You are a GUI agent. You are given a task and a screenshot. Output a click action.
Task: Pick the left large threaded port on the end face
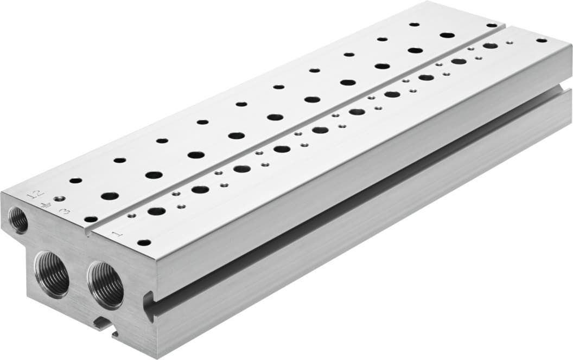(x=52, y=273)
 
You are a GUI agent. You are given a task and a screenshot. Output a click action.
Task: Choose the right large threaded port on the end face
(x=105, y=284)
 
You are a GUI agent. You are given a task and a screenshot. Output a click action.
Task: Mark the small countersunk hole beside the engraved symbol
(x=60, y=199)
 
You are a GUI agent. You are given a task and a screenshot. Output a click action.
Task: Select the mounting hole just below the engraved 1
(x=144, y=242)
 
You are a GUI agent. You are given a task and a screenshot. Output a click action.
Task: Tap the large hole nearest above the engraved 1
(x=156, y=211)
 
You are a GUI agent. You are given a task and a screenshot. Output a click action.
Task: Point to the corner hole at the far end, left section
(x=492, y=25)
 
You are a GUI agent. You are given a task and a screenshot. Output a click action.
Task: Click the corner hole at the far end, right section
(x=541, y=40)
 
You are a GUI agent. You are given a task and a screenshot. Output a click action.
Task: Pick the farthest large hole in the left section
(x=447, y=35)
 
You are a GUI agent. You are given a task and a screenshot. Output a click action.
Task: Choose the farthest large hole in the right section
(x=491, y=46)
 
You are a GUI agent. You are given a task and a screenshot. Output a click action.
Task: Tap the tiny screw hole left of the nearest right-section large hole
(x=131, y=215)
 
